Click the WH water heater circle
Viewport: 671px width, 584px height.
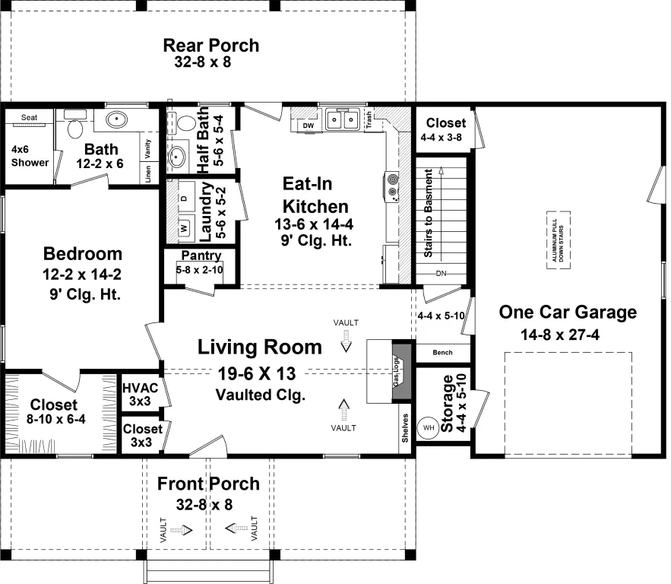(x=429, y=427)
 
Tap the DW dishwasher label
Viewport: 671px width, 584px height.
(x=308, y=125)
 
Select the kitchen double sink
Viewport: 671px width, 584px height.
(x=342, y=119)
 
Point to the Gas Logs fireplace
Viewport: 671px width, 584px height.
(x=401, y=371)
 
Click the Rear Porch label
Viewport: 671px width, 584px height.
(x=211, y=46)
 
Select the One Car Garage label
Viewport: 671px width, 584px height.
(x=568, y=312)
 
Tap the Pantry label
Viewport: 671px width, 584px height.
(x=201, y=255)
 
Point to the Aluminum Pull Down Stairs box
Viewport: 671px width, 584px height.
(x=558, y=240)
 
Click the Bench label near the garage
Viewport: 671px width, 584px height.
(x=442, y=352)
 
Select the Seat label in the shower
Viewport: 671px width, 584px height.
(x=29, y=117)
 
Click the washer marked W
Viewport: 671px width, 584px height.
(x=184, y=228)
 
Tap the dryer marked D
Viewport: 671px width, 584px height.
(x=184, y=198)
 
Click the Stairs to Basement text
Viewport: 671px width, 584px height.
(x=428, y=213)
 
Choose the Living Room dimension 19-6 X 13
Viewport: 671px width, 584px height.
(x=257, y=374)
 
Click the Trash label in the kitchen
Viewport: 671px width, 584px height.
(x=369, y=120)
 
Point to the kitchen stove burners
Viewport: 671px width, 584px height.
(x=392, y=186)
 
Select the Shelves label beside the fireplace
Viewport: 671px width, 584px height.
(x=405, y=427)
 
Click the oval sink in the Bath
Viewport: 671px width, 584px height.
(x=116, y=119)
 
